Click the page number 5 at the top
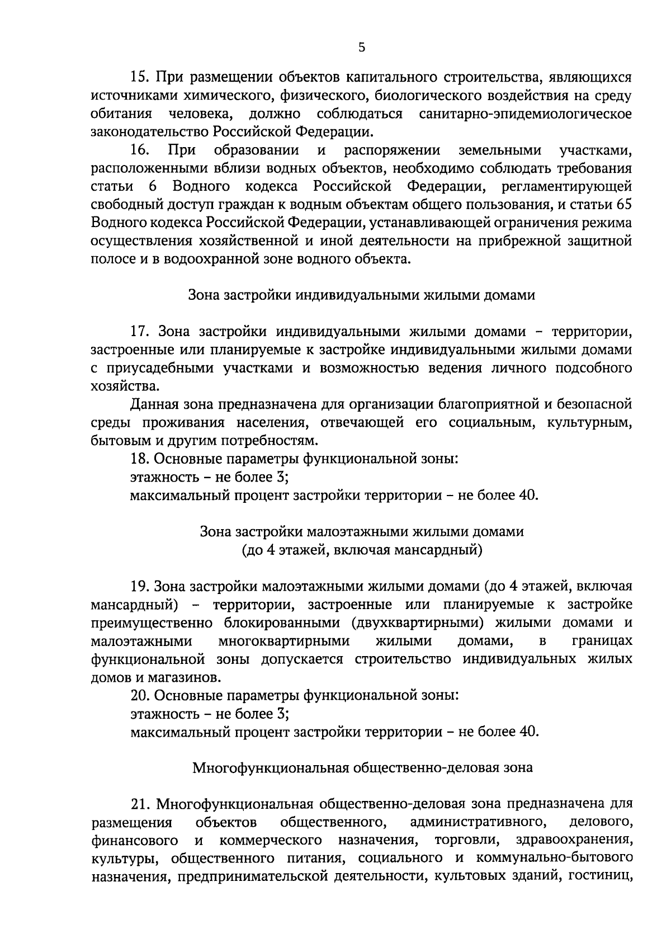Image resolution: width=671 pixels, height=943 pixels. [x=362, y=48]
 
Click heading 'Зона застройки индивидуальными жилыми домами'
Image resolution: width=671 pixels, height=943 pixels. [x=362, y=296]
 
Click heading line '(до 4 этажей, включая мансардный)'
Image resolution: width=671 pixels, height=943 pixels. [x=362, y=550]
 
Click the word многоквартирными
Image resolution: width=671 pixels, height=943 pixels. [x=283, y=641]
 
